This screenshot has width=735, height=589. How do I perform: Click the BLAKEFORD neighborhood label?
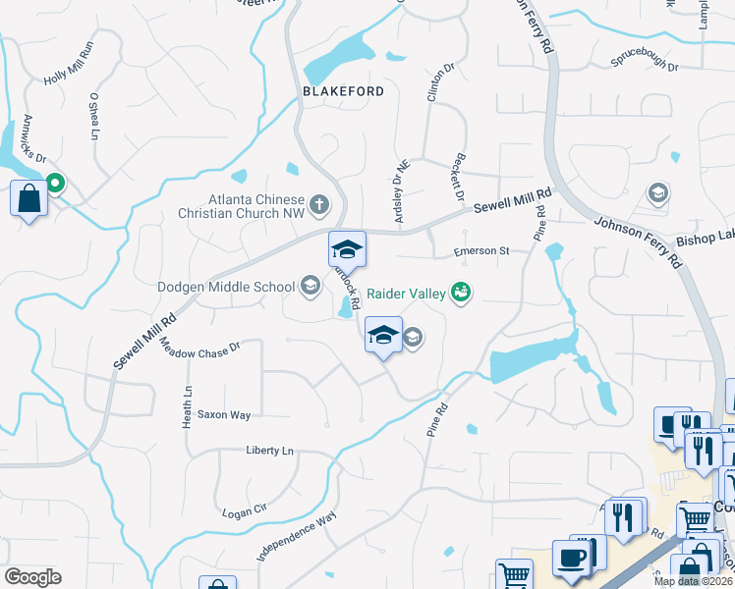pyautogui.click(x=342, y=90)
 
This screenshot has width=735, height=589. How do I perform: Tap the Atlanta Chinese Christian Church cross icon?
pyautogui.click(x=318, y=205)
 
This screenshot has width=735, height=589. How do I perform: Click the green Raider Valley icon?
pyautogui.click(x=460, y=292)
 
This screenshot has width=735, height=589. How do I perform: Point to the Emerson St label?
pyautogui.click(x=481, y=251)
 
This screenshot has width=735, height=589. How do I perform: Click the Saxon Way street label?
pyautogui.click(x=224, y=414)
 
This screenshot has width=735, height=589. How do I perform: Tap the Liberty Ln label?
pyautogui.click(x=269, y=451)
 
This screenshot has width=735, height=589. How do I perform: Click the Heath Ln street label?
pyautogui.click(x=187, y=404)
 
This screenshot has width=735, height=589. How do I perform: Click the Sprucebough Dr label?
pyautogui.click(x=645, y=65)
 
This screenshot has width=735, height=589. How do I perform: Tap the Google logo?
pyautogui.click(x=32, y=577)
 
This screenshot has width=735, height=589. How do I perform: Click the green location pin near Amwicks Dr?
pyautogui.click(x=56, y=183)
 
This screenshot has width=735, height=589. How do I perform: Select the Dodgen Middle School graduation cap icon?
pyautogui.click(x=311, y=287)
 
